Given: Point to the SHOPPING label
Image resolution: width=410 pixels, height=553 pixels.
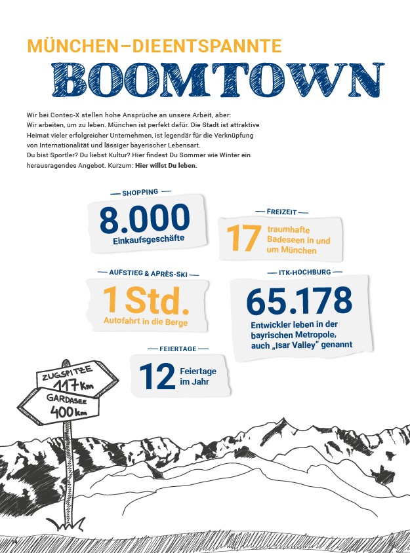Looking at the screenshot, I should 140,193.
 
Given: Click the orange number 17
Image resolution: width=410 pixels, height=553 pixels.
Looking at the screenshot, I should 243,238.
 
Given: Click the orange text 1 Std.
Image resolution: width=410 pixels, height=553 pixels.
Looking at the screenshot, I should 147,300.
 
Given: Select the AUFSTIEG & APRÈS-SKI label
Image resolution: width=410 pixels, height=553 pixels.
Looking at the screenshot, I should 148,271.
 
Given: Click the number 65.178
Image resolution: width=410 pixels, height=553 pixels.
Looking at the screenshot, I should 299,300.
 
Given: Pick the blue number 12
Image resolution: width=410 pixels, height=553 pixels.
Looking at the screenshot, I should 157,376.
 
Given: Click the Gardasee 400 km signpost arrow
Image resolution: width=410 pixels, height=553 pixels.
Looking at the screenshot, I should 66,407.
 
